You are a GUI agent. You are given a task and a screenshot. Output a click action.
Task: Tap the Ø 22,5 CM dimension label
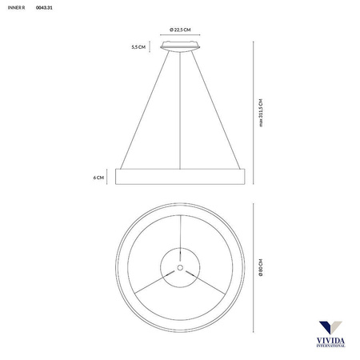(179, 30)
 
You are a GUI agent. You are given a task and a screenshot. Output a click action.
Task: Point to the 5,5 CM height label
(138, 48)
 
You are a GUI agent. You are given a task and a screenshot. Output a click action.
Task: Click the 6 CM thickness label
(98, 178)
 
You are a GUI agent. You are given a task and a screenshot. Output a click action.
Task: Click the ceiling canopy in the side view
(179, 49)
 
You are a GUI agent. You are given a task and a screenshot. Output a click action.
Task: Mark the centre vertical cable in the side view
(180, 112)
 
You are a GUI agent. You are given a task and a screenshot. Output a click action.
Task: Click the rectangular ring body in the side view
(179, 178)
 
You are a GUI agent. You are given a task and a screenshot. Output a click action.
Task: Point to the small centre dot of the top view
(180, 266)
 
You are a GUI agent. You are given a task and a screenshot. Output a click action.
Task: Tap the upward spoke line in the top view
(180, 232)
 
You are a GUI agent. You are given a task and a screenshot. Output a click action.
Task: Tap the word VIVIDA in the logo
(329, 342)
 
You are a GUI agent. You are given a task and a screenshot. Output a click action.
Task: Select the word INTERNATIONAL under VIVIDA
(329, 348)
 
